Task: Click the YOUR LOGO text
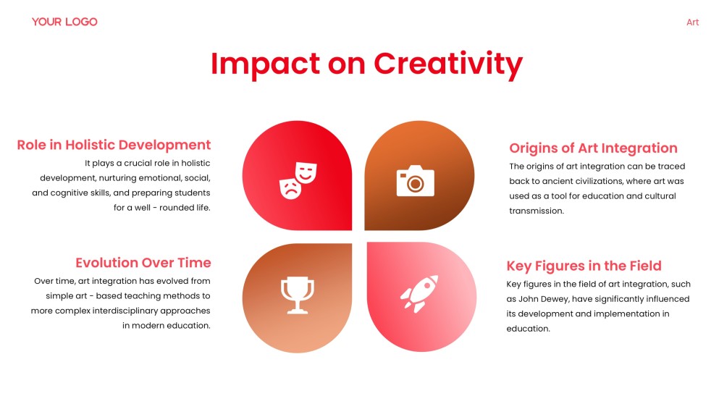pyautogui.click(x=64, y=22)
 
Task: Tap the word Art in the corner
pyautogui.click(x=692, y=22)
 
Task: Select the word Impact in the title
pyautogui.click(x=265, y=64)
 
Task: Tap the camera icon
pyautogui.click(x=415, y=181)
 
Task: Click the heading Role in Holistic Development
pyautogui.click(x=114, y=145)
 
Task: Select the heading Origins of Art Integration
pyautogui.click(x=593, y=148)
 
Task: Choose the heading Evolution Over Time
pyautogui.click(x=143, y=262)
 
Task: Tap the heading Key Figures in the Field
pyautogui.click(x=584, y=266)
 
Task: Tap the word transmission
pyautogui.click(x=536, y=211)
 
